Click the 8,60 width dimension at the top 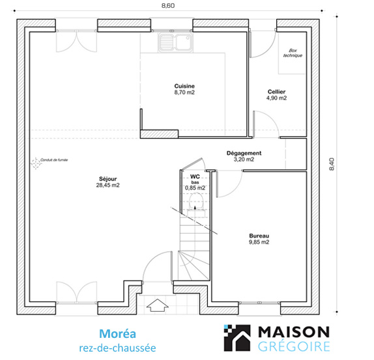[168, 5]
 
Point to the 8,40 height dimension [332, 164]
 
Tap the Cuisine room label [184, 86]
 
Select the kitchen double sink [175, 42]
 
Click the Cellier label [276, 92]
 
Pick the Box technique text [293, 53]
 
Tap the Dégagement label [244, 153]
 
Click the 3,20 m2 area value [244, 159]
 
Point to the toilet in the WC [196, 205]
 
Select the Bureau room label [259, 236]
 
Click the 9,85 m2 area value [259, 242]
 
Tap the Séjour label [108, 179]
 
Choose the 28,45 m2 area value [108, 185]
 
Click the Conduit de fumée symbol [35, 163]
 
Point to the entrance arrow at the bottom [157, 305]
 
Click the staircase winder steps [194, 265]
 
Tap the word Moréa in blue [117, 334]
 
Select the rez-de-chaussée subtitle [117, 348]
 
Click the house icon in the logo [237, 338]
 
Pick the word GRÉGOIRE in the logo [294, 347]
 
